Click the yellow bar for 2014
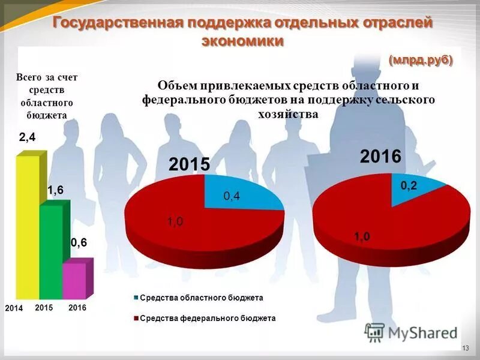click(27, 228)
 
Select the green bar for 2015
click(51, 252)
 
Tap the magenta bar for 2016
click(74, 281)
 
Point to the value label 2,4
click(28, 137)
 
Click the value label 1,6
click(55, 190)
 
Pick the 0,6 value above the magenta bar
click(79, 243)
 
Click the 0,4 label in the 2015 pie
click(232, 196)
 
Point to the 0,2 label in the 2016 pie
click(409, 187)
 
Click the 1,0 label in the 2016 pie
click(362, 237)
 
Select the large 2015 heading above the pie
click(189, 164)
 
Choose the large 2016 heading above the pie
click(380, 157)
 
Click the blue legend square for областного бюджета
click(136, 298)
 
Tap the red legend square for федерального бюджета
click(136, 319)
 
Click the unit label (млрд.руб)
click(420, 60)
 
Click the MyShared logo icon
click(374, 332)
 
